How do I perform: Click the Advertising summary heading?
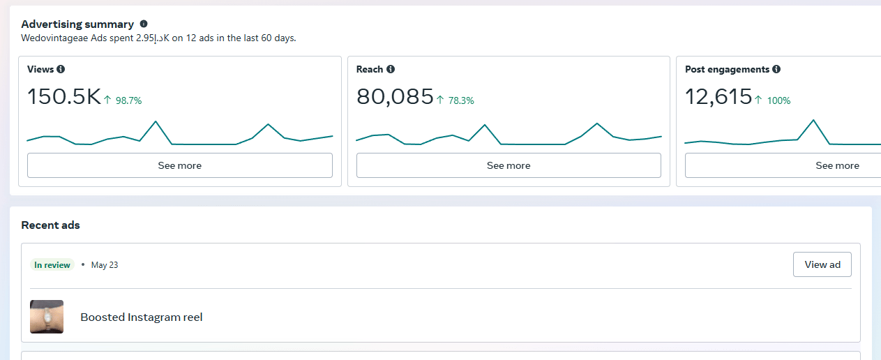(x=77, y=24)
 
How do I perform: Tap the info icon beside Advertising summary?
(x=144, y=24)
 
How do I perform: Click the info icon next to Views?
(x=61, y=69)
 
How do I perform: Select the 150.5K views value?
(x=64, y=97)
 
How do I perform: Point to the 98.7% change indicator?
(x=123, y=100)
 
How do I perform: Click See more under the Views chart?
(x=179, y=165)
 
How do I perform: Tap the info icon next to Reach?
(x=391, y=69)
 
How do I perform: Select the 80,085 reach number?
(x=395, y=97)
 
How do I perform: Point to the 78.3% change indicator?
(x=455, y=100)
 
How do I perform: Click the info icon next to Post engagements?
(x=776, y=69)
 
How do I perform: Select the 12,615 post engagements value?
(x=718, y=97)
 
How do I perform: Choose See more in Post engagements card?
(x=837, y=165)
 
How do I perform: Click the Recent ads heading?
(x=51, y=225)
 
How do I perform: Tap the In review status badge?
(x=52, y=265)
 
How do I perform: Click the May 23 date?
(x=105, y=265)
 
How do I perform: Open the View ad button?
(x=822, y=264)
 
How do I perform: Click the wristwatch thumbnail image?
(x=47, y=317)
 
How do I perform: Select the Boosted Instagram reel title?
(x=142, y=317)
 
